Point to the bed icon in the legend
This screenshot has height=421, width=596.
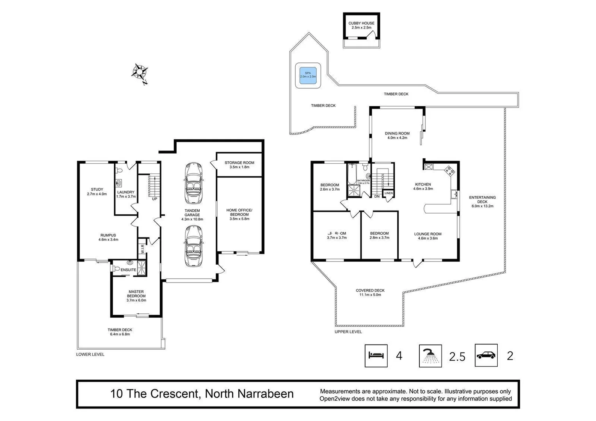click(x=376, y=356)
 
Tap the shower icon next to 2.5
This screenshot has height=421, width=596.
click(x=430, y=356)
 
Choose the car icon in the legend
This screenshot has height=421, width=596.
click(x=486, y=355)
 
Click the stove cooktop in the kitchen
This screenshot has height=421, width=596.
click(x=450, y=170)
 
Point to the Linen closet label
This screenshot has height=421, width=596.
click(x=388, y=193)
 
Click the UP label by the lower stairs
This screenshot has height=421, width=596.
click(x=154, y=199)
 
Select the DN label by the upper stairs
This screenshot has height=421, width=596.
click(x=377, y=196)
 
